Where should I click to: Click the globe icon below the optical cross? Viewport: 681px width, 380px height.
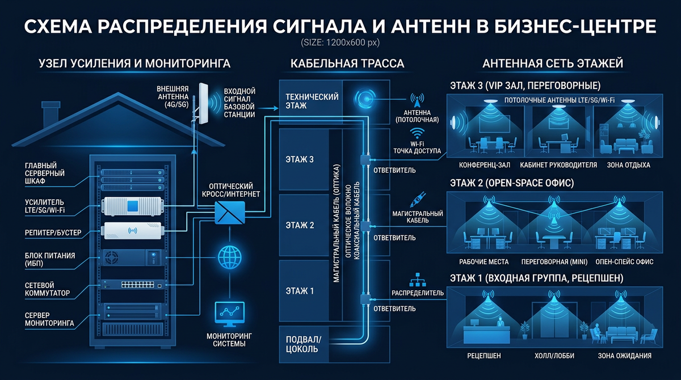click(x=229, y=257)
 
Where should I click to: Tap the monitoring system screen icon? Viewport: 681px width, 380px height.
click(x=229, y=314)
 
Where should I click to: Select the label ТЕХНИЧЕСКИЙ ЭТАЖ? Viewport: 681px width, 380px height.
click(x=312, y=101)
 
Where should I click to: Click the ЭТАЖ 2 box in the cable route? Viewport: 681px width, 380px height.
click(x=304, y=225)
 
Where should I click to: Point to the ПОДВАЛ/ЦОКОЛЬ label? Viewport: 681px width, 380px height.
click(x=304, y=344)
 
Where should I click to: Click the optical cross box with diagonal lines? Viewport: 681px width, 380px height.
click(x=230, y=212)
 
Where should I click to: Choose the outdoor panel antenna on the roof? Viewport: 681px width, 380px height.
click(x=203, y=104)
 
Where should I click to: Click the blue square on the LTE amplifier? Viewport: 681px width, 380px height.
click(x=132, y=206)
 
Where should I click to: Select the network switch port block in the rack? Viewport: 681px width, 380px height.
click(x=138, y=285)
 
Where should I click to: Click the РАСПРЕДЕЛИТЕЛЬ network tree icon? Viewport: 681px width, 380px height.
click(x=418, y=280)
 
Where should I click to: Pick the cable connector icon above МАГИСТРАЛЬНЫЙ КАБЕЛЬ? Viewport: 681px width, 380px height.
click(x=418, y=200)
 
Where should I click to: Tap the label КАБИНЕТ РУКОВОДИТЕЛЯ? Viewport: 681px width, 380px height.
click(x=558, y=165)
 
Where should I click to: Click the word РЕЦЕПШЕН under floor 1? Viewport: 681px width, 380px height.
click(x=484, y=356)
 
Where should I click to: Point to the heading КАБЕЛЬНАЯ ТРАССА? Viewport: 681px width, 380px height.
click(x=347, y=64)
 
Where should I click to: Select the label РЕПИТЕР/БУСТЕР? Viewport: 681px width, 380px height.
click(x=53, y=233)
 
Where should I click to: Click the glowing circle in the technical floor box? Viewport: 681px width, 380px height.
click(x=364, y=99)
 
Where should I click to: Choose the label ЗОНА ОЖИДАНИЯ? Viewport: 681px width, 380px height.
click(x=625, y=356)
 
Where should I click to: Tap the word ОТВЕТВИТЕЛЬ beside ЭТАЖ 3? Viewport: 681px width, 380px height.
click(x=394, y=170)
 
